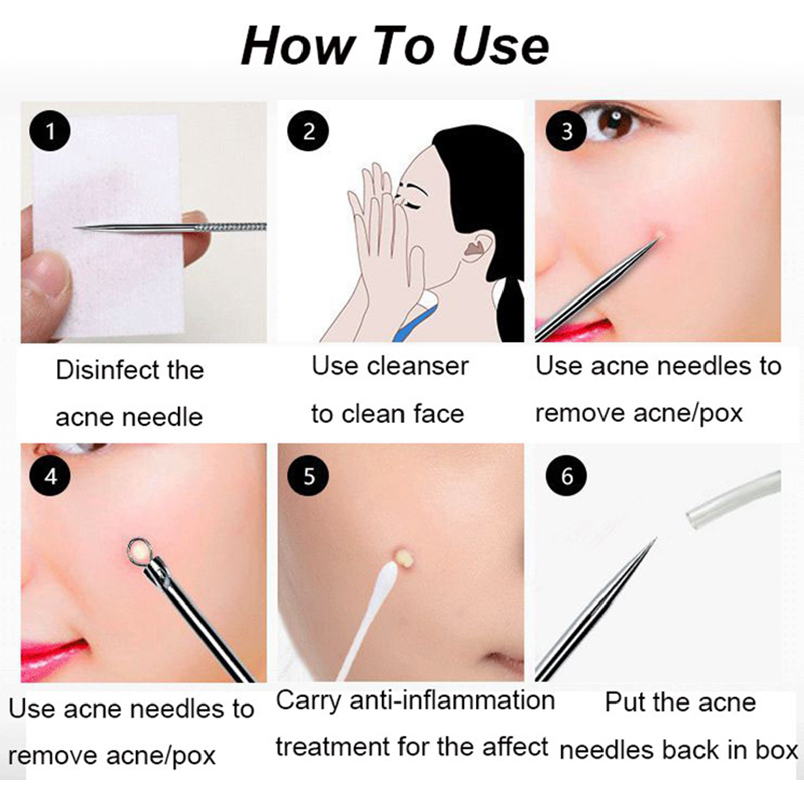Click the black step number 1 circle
pyautogui.click(x=50, y=131)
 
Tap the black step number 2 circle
pyautogui.click(x=308, y=131)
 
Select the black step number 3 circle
pyautogui.click(x=566, y=131)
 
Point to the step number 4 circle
pyautogui.click(x=50, y=476)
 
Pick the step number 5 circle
pyautogui.click(x=308, y=476)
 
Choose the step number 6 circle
pyautogui.click(x=566, y=476)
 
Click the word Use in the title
pyautogui.click(x=500, y=46)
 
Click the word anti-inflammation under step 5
pyautogui.click(x=452, y=700)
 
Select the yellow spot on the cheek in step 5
pyautogui.click(x=403, y=556)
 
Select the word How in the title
pyautogui.click(x=296, y=46)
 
